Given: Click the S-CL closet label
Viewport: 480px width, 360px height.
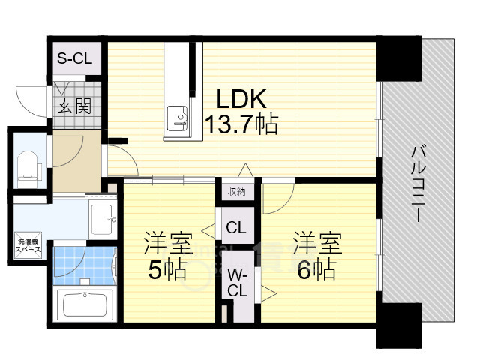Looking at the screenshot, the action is [75, 58].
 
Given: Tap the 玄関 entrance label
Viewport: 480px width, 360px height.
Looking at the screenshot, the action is [74, 106].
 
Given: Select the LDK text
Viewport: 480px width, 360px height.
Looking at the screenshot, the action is [241, 99].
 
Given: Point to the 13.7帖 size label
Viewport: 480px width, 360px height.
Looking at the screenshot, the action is [241, 124].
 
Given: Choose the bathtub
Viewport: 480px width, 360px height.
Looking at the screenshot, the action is [85, 304].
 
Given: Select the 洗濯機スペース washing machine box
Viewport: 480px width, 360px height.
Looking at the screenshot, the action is [28, 245].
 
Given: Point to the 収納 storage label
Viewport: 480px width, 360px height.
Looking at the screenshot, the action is [237, 192].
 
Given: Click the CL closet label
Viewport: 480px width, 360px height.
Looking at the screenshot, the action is [236, 227].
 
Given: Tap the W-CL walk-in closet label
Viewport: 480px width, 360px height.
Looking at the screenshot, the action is [237, 282].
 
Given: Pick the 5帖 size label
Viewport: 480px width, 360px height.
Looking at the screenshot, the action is [167, 269].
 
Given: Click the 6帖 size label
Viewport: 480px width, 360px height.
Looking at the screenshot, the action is [316, 269].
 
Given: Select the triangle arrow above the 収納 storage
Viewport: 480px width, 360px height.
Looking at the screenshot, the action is [245, 170].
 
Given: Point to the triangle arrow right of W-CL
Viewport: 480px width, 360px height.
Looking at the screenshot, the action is [268, 294].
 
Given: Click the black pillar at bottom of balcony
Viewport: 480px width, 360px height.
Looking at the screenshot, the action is [399, 325].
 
